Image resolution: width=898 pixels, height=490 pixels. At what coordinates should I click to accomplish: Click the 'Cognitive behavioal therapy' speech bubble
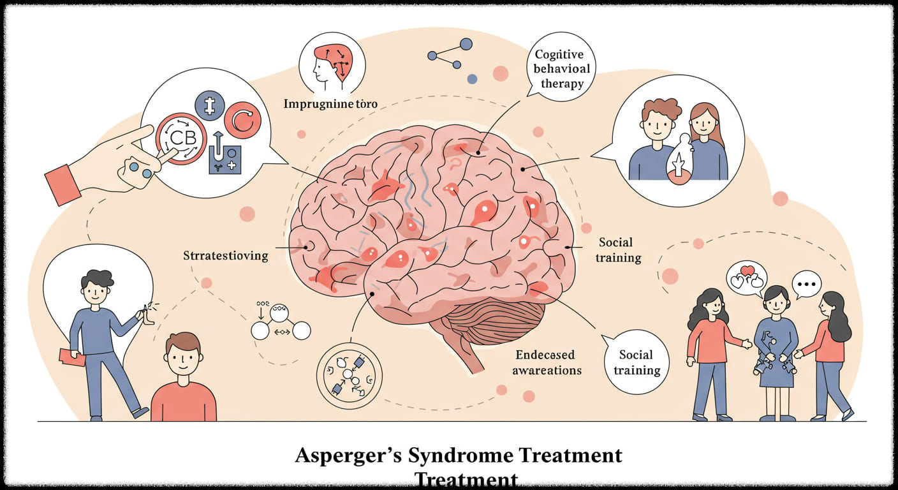click(559, 70)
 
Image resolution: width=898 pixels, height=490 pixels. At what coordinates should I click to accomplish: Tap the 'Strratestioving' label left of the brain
click(226, 256)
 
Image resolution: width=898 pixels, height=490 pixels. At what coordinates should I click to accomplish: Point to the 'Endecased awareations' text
click(545, 362)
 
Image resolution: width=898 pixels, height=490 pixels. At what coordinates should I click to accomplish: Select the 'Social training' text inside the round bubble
click(636, 362)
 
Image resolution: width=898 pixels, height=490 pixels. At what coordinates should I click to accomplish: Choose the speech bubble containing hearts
click(746, 278)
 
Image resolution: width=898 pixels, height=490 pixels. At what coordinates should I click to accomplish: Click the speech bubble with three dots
click(806, 283)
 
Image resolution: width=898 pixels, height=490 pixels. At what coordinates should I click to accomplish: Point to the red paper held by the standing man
click(72, 357)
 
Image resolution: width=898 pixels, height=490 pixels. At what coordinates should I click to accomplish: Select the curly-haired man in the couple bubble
click(658, 140)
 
